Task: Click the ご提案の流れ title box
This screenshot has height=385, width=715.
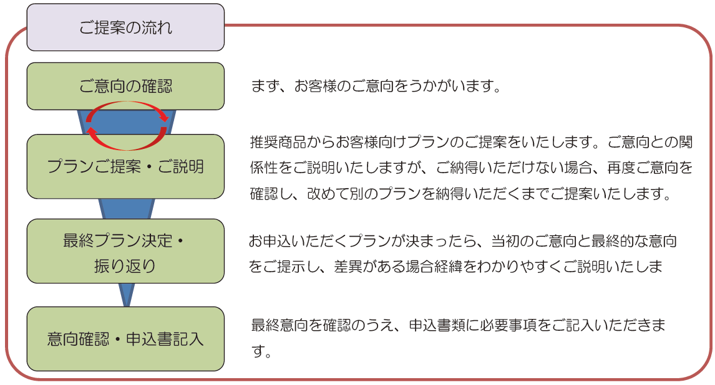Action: pos(125,27)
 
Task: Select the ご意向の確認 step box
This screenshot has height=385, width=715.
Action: pos(125,86)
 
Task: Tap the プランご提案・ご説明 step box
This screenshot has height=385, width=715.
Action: pos(125,166)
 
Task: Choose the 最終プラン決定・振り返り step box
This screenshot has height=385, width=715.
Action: pos(125,251)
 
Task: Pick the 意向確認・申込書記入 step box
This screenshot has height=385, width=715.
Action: pos(125,338)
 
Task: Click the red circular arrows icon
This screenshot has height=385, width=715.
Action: pos(127,103)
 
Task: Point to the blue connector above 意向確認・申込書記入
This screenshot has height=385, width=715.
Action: pos(127,295)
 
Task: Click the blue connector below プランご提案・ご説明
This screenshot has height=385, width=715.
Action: pos(127,209)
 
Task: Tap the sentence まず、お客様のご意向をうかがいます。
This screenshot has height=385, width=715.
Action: pos(377,85)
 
